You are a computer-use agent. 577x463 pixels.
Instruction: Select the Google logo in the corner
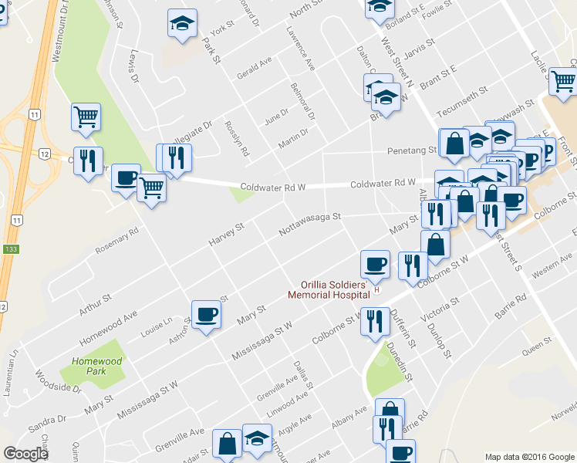click(x=25, y=454)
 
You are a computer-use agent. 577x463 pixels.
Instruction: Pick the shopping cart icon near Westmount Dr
click(x=86, y=117)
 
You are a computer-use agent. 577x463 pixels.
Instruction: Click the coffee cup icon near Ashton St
click(x=205, y=314)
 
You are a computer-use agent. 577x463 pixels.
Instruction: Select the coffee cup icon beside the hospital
click(x=376, y=264)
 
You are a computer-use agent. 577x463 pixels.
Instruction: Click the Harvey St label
click(x=226, y=236)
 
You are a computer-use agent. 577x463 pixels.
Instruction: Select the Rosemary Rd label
click(x=116, y=240)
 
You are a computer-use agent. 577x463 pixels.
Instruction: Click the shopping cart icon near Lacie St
click(x=565, y=79)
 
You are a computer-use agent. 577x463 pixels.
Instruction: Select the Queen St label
click(x=531, y=350)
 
